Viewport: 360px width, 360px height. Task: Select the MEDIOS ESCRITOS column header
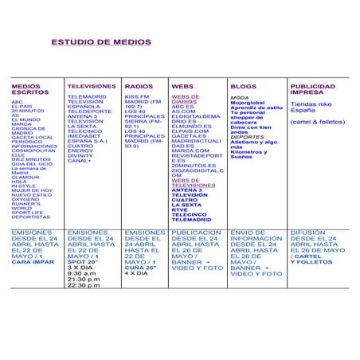pyautogui.click(x=27, y=88)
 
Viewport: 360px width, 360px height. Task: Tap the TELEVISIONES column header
pyautogui.click(x=91, y=85)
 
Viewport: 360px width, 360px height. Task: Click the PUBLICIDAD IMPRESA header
pyautogui.click(x=312, y=88)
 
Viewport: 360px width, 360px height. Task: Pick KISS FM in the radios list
pyautogui.click(x=136, y=96)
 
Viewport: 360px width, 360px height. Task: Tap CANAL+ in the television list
pyautogui.click(x=80, y=160)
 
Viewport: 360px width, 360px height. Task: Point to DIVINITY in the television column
pyautogui.click(x=82, y=155)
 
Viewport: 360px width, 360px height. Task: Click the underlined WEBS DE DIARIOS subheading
pyautogui.click(x=185, y=99)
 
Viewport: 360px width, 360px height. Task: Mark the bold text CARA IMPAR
pyautogui.click(x=33, y=261)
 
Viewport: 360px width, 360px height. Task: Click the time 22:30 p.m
pyautogui.click(x=84, y=285)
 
